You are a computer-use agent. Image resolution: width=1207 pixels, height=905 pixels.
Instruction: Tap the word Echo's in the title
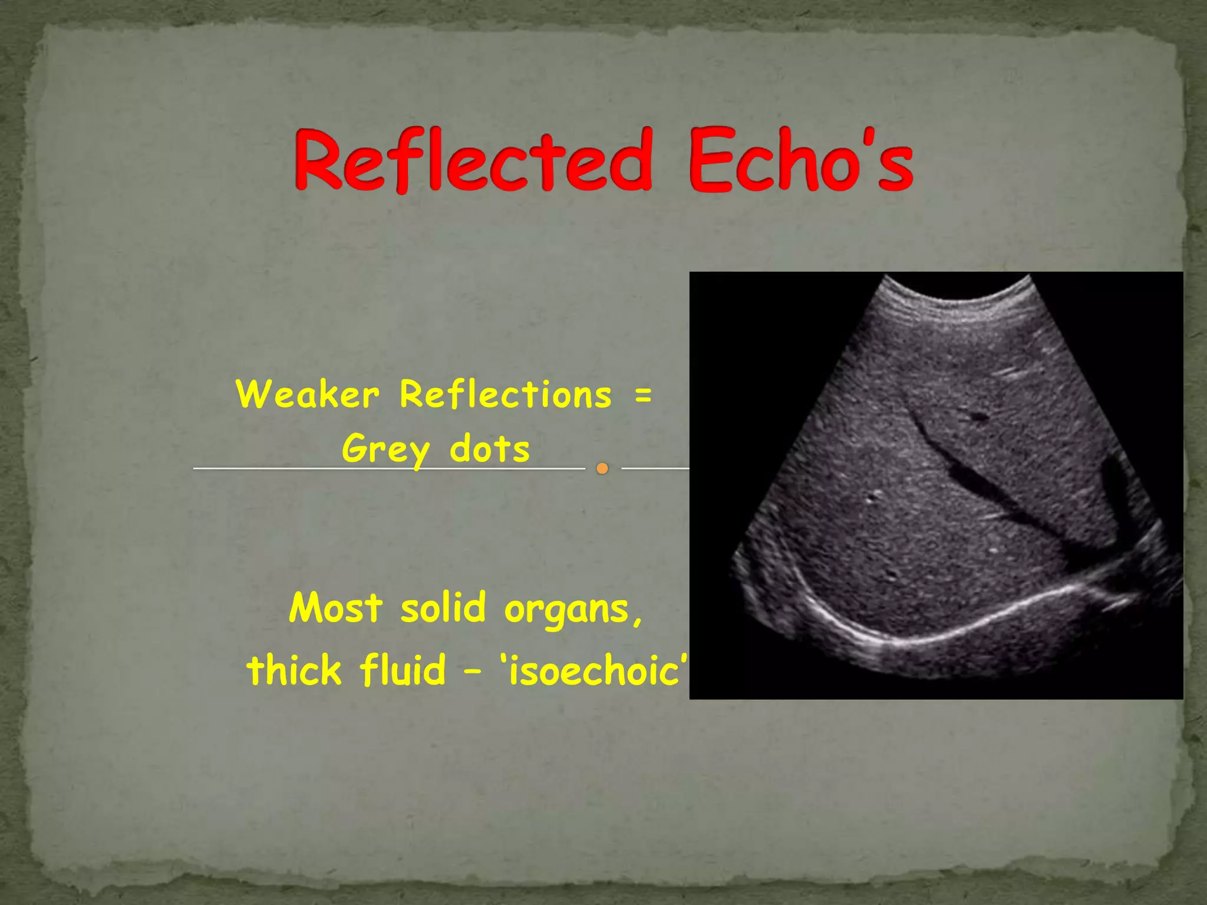[x=800, y=160]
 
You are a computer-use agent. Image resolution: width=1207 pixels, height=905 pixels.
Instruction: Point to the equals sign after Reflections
[x=644, y=394]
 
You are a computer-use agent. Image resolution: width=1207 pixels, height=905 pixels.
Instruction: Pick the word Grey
[x=386, y=450]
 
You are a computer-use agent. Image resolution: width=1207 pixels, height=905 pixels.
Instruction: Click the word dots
[x=490, y=450]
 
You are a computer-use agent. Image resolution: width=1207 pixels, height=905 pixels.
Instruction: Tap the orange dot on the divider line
[x=602, y=468]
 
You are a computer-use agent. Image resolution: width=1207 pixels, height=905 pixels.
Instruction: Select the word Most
[x=336, y=607]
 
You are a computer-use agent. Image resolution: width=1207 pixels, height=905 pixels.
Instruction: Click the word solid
[x=443, y=607]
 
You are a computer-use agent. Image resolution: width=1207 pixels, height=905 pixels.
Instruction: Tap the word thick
[x=294, y=670]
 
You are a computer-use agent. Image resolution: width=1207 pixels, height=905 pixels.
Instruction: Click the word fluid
[x=403, y=670]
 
